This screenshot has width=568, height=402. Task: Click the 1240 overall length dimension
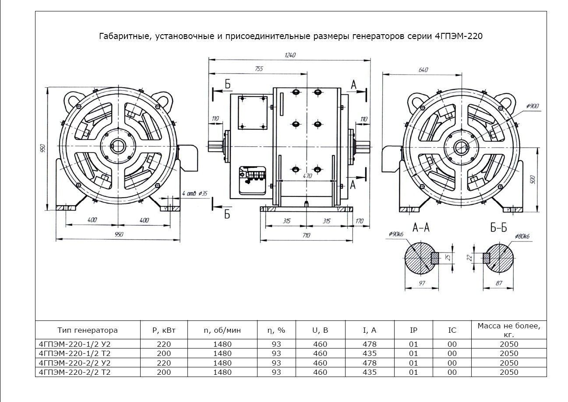290,55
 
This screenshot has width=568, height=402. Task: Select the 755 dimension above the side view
259,68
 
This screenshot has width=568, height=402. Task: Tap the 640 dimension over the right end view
423,70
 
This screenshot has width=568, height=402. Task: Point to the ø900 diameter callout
533,106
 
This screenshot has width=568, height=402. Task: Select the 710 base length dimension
306,235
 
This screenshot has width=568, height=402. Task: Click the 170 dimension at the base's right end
360,221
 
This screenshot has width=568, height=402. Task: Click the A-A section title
421,227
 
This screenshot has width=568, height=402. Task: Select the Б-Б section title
498,227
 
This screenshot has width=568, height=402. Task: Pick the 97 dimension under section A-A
422,284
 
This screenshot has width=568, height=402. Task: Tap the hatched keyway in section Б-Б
486,257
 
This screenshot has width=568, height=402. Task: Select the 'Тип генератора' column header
87,330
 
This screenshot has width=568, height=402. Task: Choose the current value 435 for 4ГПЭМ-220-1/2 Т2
370,353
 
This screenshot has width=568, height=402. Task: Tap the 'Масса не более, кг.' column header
508,330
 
